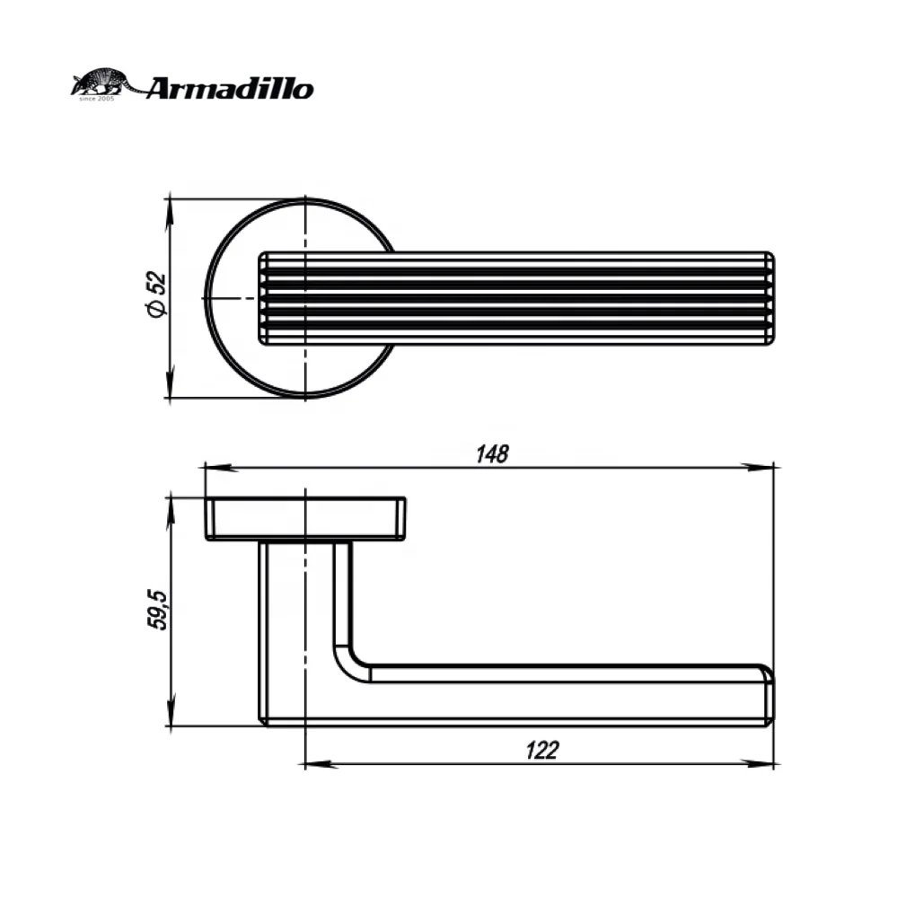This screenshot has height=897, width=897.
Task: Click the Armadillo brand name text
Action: [229, 88]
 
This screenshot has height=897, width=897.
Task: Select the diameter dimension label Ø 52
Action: [155, 295]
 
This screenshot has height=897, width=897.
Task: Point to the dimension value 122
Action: [540, 751]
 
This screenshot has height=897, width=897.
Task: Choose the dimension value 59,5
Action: [158, 611]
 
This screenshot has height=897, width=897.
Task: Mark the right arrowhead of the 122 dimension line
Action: [762, 765]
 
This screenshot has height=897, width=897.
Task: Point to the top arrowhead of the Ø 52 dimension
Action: [169, 208]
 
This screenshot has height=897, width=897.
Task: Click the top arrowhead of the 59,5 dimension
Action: [169, 507]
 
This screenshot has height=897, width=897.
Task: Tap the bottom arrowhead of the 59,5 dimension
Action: [169, 715]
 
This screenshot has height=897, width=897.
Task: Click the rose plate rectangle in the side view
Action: [305, 519]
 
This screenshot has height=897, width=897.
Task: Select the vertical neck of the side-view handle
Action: [301, 611]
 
